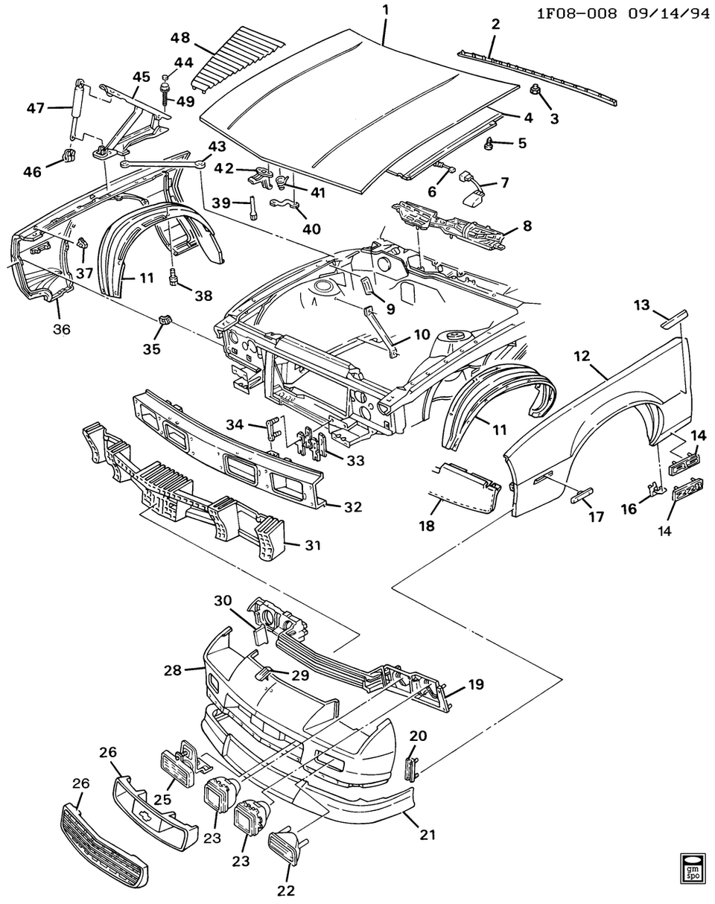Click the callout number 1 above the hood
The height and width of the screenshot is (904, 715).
(x=385, y=10)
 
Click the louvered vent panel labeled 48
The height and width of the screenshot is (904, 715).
(x=230, y=58)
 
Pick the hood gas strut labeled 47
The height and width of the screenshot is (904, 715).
(x=76, y=109)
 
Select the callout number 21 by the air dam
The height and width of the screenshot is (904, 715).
(x=426, y=835)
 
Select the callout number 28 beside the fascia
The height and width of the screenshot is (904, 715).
(x=173, y=670)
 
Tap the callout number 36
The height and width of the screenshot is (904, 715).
(x=61, y=328)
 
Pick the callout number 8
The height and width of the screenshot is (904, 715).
(x=527, y=225)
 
